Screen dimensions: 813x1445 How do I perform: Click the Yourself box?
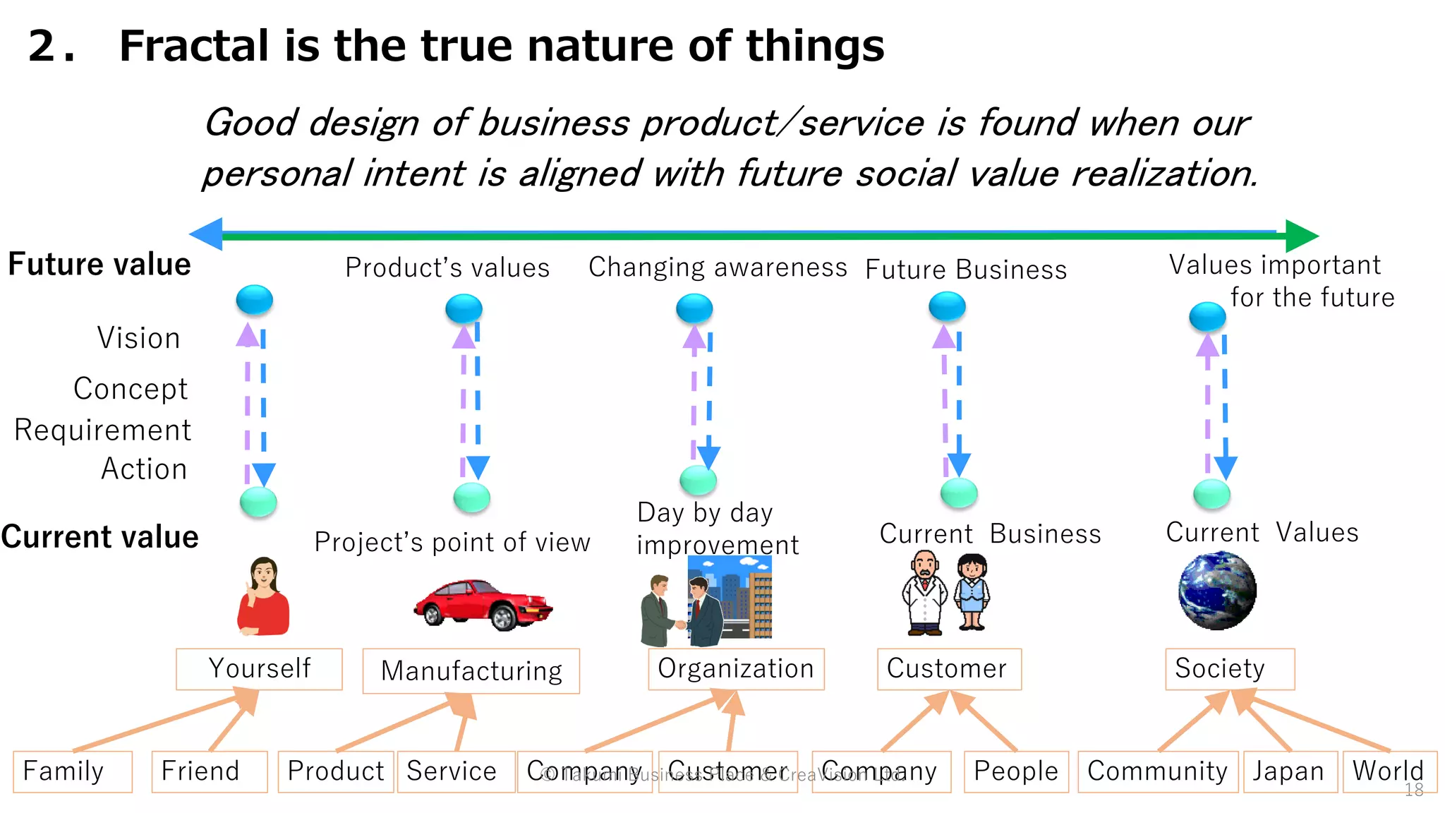click(x=259, y=668)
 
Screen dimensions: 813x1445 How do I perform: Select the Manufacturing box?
click(x=471, y=670)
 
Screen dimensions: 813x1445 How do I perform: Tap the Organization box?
click(x=736, y=668)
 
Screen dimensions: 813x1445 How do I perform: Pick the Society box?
click(x=1229, y=668)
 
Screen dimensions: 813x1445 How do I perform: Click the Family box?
click(x=72, y=771)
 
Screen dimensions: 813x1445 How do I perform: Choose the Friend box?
click(x=209, y=771)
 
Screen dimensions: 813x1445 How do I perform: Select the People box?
click(x=1015, y=771)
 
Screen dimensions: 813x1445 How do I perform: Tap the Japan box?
click(x=1289, y=771)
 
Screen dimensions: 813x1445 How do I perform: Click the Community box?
click(x=1157, y=771)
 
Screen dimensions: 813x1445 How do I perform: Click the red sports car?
click(x=483, y=604)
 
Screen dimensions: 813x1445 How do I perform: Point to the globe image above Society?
click(x=1217, y=591)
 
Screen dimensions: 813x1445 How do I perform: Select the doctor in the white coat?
click(x=924, y=593)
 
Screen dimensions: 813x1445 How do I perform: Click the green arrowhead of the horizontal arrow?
click(x=1301, y=236)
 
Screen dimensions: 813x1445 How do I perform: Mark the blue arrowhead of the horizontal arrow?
click(x=207, y=234)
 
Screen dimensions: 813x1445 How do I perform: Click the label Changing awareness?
click(x=718, y=267)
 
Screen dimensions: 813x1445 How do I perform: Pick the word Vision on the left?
click(x=139, y=338)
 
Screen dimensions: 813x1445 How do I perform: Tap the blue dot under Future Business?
click(x=947, y=306)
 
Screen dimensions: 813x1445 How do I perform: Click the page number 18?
click(x=1414, y=790)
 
